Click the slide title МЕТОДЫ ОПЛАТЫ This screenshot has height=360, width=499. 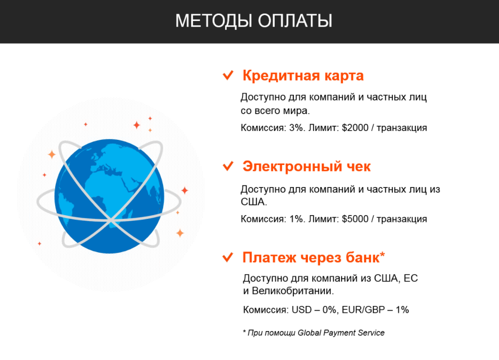[x=254, y=21]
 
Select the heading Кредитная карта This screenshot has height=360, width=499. [x=303, y=76]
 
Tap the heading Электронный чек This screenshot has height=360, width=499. [x=307, y=166]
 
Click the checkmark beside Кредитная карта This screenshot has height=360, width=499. [x=228, y=75]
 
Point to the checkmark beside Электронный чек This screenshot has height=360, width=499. [x=228, y=166]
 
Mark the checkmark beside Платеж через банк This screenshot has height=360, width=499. [x=228, y=257]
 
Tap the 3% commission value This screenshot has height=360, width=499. [x=296, y=128]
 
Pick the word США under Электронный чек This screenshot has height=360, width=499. [x=253, y=202]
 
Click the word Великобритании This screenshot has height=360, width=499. [x=292, y=291]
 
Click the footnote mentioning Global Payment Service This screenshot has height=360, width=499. [x=314, y=333]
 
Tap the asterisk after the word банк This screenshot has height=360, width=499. [x=383, y=254]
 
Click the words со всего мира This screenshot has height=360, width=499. [x=275, y=111]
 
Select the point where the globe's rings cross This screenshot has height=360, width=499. [x=110, y=220]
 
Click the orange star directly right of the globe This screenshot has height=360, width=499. [x=185, y=190]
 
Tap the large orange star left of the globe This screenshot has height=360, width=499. [x=51, y=154]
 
